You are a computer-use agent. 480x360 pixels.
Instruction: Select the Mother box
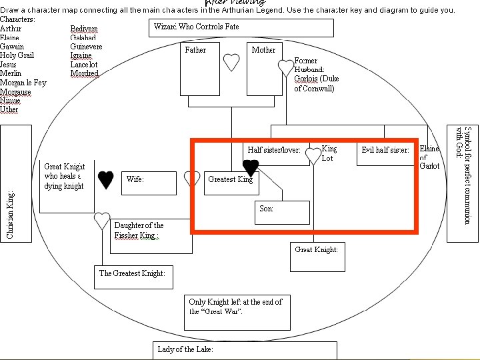264,69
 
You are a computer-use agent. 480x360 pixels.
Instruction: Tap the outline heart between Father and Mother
231,62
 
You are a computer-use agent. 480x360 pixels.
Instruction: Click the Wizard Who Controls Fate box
241,27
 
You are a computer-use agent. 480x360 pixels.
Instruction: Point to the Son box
283,213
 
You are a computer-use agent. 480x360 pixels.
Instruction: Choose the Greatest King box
231,183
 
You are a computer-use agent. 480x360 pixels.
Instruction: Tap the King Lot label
328,153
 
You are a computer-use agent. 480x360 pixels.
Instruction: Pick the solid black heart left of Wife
105,179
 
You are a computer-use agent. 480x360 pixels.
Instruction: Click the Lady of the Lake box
245,350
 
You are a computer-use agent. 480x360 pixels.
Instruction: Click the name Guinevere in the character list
86,47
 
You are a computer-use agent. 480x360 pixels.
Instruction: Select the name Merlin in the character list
11,74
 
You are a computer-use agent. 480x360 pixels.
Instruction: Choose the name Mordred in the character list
85,74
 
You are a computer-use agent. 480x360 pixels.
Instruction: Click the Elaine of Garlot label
429,157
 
